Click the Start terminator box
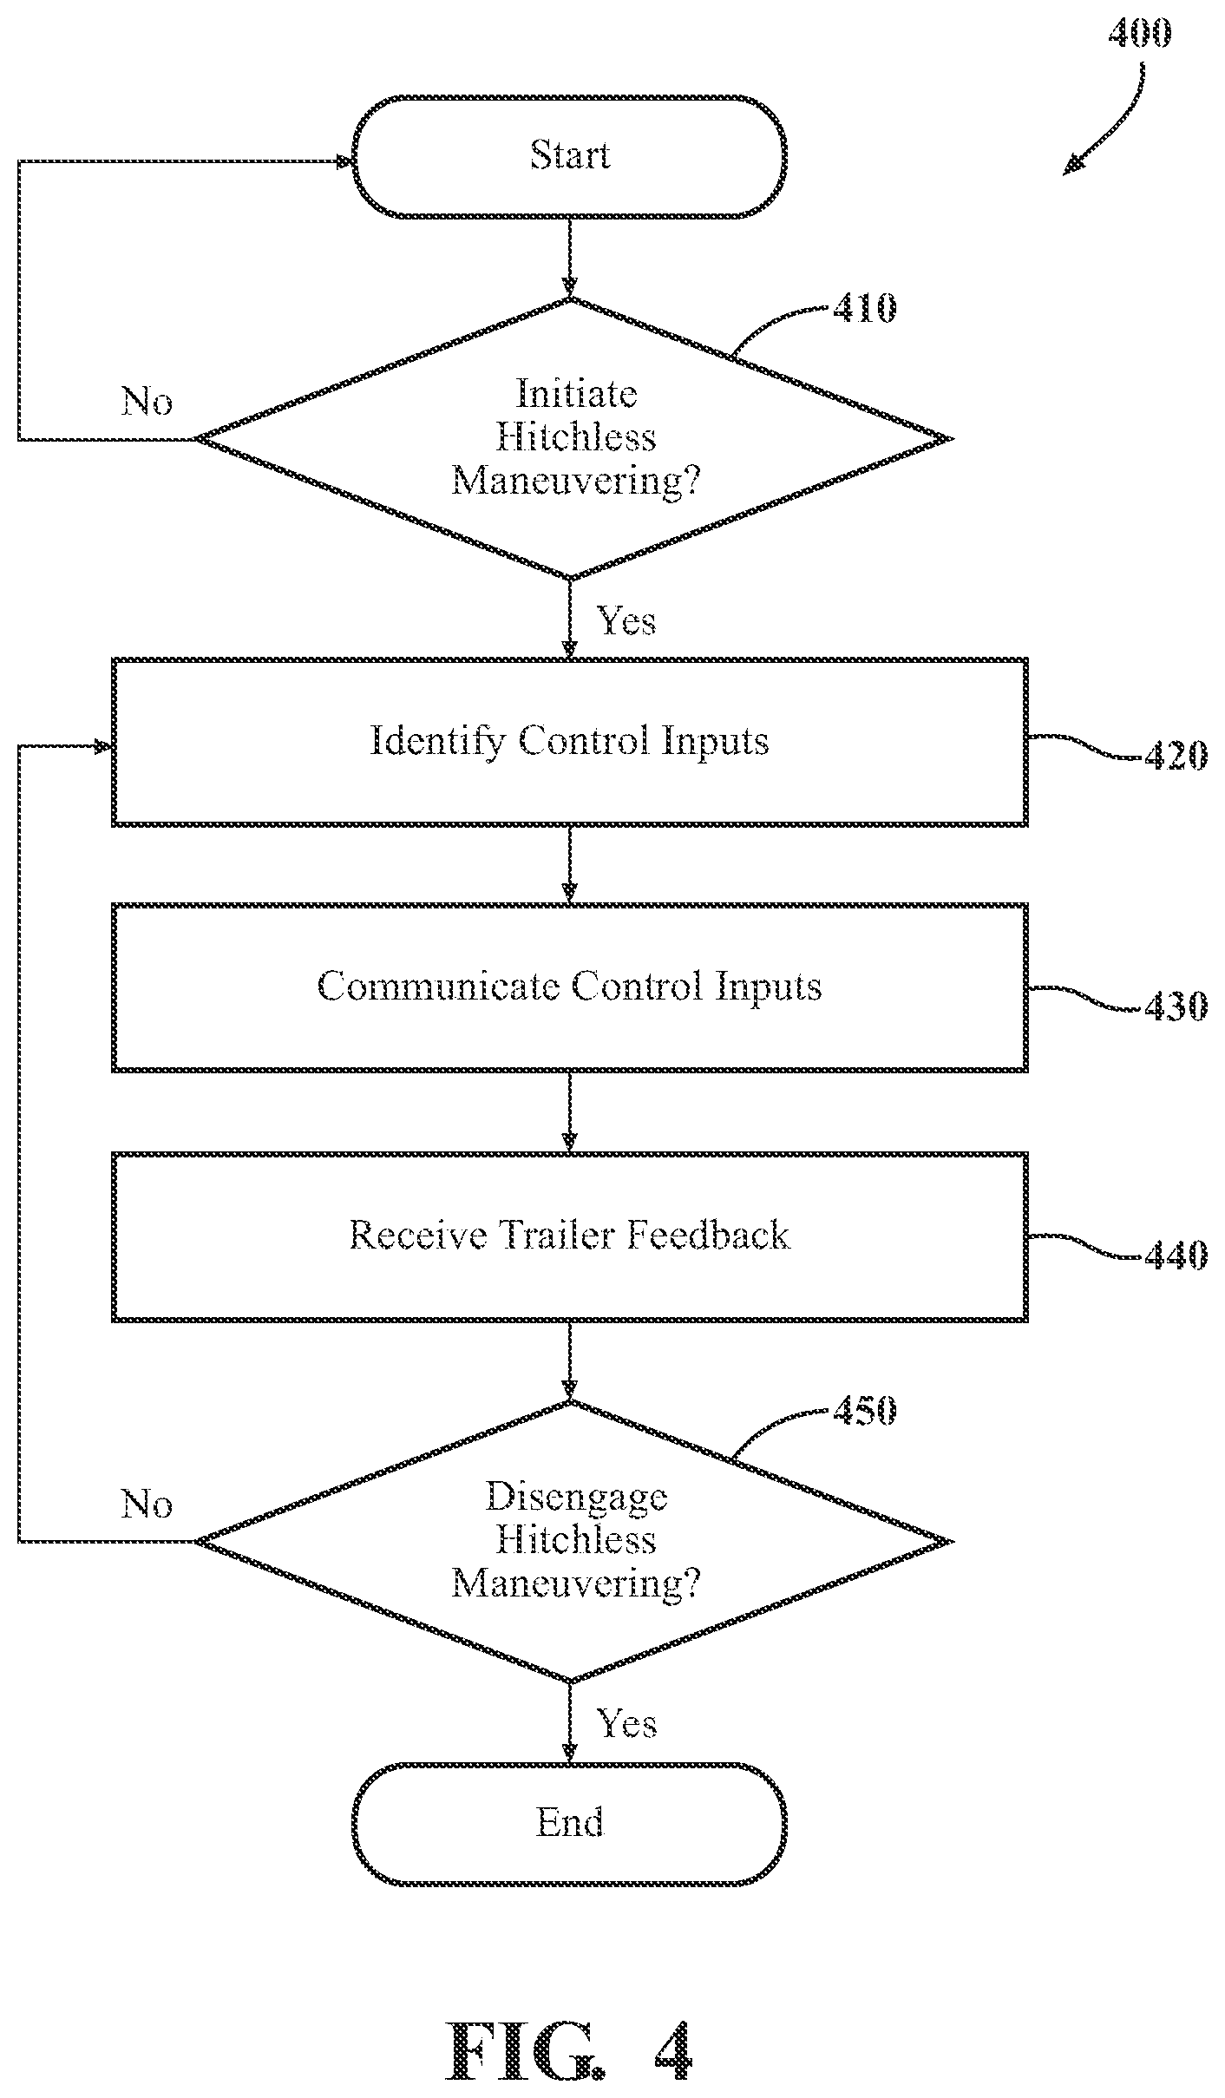pyautogui.click(x=569, y=156)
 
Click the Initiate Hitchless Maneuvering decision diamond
pyautogui.click(x=573, y=438)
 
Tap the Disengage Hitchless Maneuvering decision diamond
pyautogui.click(x=573, y=1542)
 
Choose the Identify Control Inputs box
pyautogui.click(x=570, y=742)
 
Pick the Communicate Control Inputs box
pyautogui.click(x=570, y=987)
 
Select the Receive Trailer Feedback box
pyautogui.click(x=570, y=1236)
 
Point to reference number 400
pyautogui.click(x=1140, y=34)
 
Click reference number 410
pyautogui.click(x=864, y=308)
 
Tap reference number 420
pyautogui.click(x=1176, y=757)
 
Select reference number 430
pyautogui.click(x=1176, y=1007)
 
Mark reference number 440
pyautogui.click(x=1176, y=1256)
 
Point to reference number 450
pyautogui.click(x=864, y=1411)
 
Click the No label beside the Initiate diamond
pyautogui.click(x=147, y=401)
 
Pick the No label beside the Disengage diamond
pyautogui.click(x=147, y=1504)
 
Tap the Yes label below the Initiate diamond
pyautogui.click(x=626, y=621)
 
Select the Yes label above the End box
pyautogui.click(x=626, y=1723)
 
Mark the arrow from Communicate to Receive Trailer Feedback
pyautogui.click(x=569, y=1112)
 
